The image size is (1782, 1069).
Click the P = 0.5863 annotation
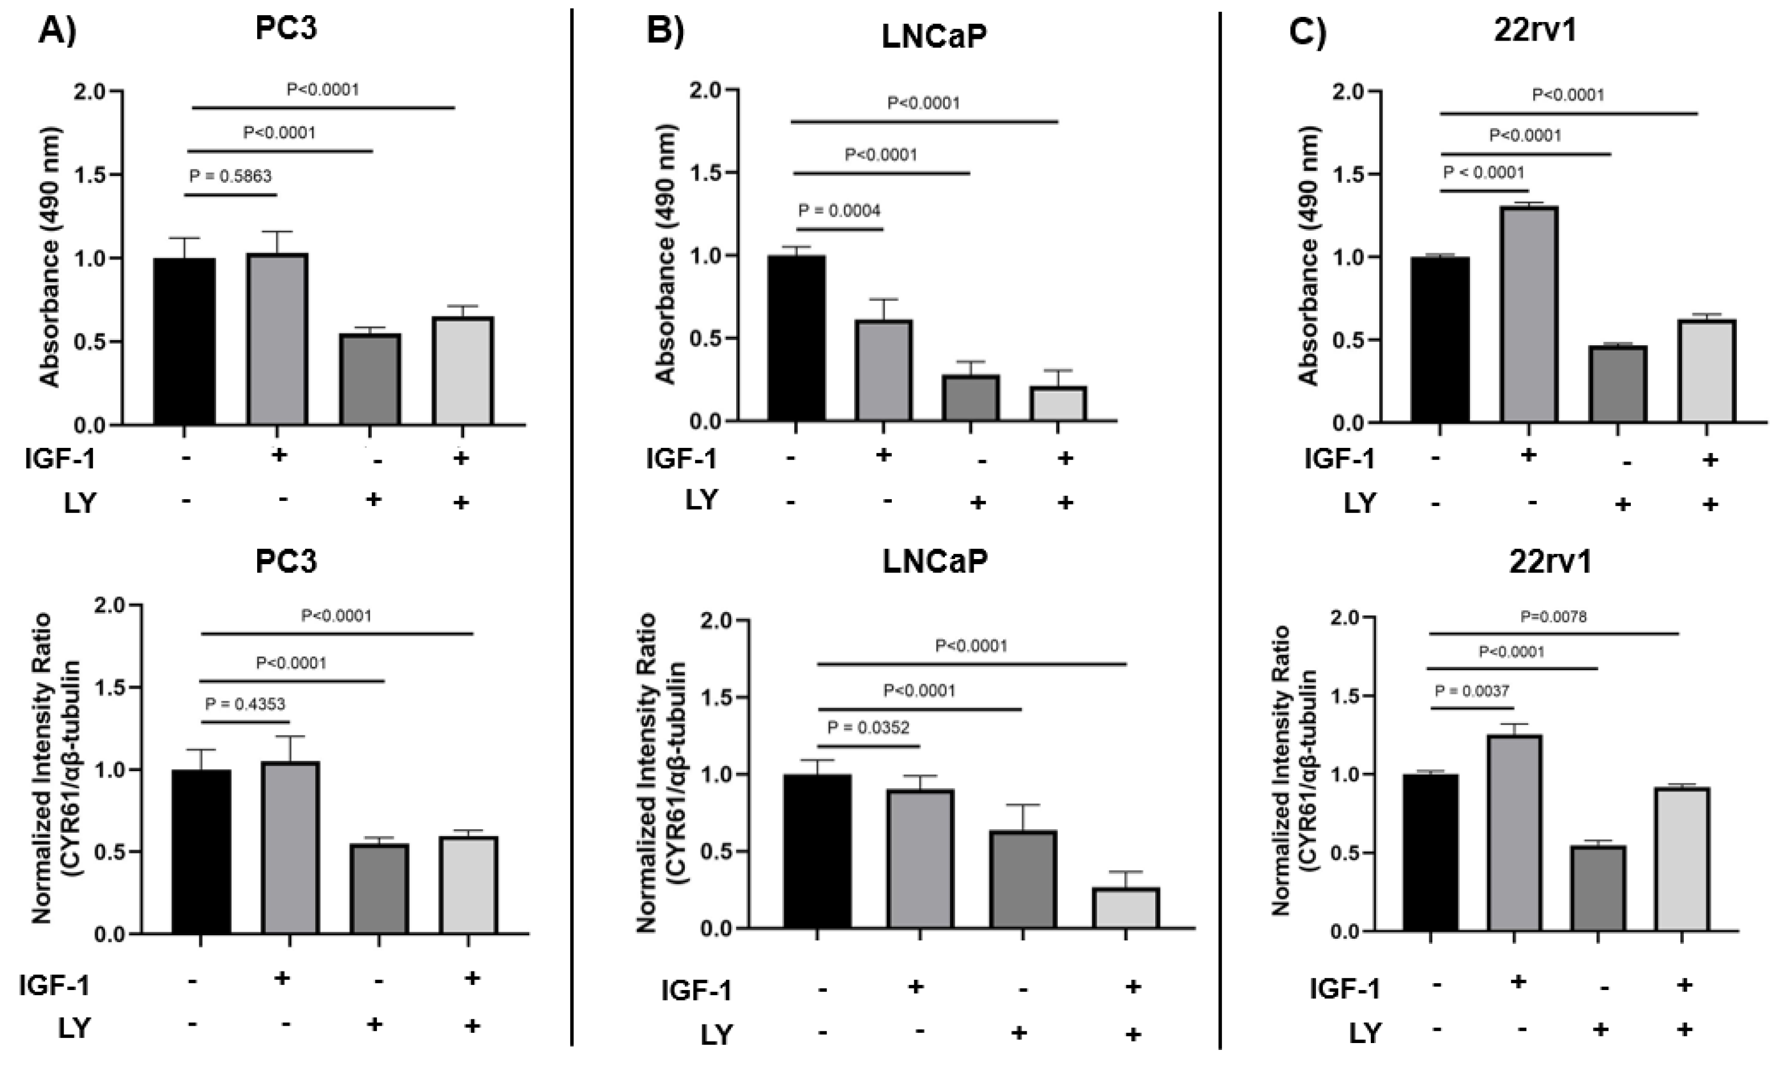coord(231,177)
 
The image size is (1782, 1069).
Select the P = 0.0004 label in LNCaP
coord(839,211)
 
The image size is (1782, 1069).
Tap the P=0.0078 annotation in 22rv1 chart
coord(1553,617)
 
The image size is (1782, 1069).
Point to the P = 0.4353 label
coord(245,704)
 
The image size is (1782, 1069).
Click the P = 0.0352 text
coord(868,728)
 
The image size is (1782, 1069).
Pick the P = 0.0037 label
coord(1473,691)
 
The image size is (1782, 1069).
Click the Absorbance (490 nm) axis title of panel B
coord(667,256)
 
